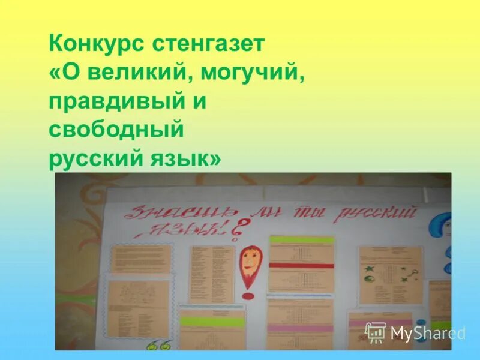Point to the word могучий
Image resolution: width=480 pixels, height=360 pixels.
(250, 73)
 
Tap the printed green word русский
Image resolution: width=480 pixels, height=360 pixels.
(92, 158)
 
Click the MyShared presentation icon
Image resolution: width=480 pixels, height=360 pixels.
(376, 332)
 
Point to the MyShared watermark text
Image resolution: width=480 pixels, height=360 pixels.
(427, 333)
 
